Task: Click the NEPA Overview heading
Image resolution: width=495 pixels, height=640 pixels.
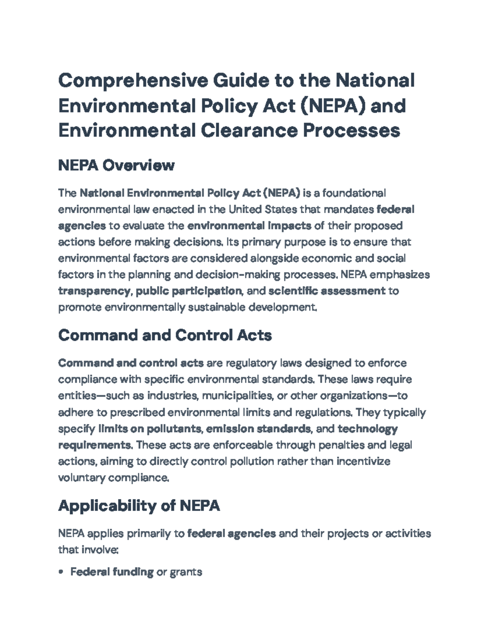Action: [116, 165]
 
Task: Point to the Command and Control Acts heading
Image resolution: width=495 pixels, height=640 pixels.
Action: [165, 335]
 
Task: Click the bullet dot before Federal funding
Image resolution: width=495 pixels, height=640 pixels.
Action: [61, 572]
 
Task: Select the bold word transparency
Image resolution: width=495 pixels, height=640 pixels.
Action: [94, 291]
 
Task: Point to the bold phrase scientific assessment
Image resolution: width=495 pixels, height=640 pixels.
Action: [327, 291]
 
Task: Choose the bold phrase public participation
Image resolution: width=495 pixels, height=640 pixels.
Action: [189, 291]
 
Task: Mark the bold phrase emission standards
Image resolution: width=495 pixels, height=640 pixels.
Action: [258, 429]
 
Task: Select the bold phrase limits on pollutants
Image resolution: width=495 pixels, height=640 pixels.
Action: [150, 429]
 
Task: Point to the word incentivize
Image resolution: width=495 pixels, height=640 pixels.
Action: [363, 461]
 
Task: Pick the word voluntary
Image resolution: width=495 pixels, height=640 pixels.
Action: [82, 478]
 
